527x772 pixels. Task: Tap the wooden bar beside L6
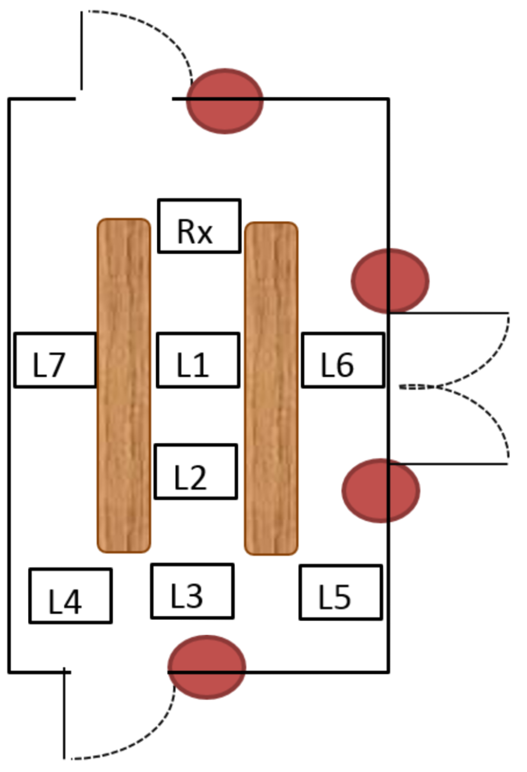271,388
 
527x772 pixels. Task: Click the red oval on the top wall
225,101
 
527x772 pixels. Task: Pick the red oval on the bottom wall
207,667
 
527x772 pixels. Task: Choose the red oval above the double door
390,280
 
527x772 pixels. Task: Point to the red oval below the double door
381,490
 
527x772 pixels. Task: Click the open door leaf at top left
81,51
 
